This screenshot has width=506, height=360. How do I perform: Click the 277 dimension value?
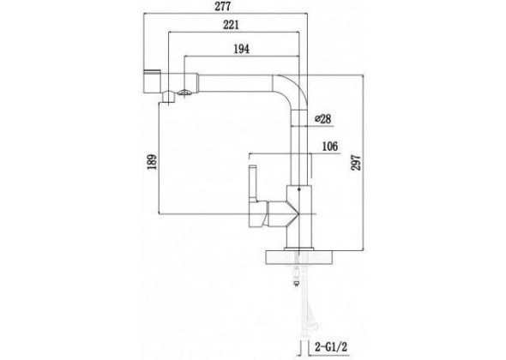[x=223, y=7]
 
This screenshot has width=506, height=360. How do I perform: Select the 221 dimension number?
[x=231, y=25]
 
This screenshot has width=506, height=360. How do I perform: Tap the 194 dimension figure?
[x=241, y=49]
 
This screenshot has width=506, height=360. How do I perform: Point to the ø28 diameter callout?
[x=322, y=118]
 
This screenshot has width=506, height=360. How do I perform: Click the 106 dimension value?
[x=330, y=147]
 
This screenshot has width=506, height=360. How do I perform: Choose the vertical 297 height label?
[x=356, y=163]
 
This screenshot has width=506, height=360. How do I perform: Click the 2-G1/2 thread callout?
[x=331, y=347]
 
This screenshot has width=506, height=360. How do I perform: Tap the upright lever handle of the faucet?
[x=253, y=183]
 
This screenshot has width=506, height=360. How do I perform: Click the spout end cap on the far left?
[x=152, y=81]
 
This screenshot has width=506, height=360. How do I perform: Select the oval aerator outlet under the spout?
[x=184, y=93]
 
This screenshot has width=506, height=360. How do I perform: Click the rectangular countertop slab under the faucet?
[x=298, y=257]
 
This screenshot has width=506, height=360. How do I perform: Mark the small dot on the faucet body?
[x=298, y=189]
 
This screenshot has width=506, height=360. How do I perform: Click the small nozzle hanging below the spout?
[x=168, y=98]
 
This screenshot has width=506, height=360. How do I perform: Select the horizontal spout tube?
[x=236, y=83]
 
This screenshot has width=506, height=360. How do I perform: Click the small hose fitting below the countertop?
[x=295, y=284]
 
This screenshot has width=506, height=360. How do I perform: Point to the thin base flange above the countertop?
[x=298, y=249]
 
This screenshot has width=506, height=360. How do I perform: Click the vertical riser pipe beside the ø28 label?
[x=299, y=147]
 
